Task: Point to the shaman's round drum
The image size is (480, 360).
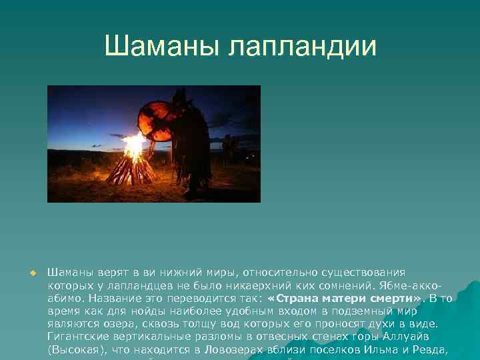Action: click(154, 118)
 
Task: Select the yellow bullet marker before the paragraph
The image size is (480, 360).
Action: click(31, 273)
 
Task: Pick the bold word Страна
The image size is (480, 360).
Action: click(303, 298)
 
